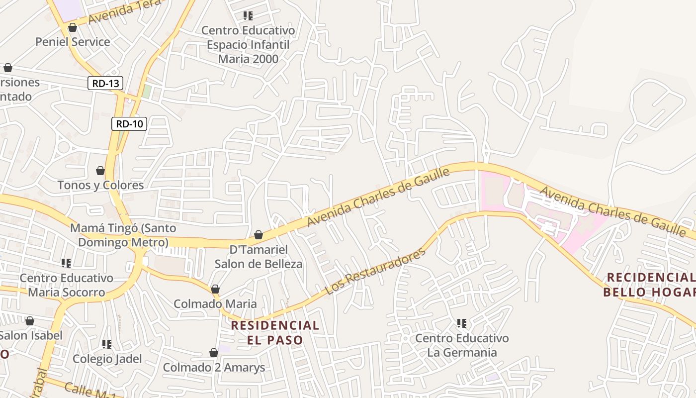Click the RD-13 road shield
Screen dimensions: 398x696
point(105,83)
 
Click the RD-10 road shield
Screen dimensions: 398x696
point(129,124)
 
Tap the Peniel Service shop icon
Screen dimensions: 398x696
point(73,27)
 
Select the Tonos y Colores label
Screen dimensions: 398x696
point(100,185)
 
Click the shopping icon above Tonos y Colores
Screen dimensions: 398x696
point(100,171)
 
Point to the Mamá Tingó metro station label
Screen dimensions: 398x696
point(123,235)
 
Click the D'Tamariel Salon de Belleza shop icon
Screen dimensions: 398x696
point(259,235)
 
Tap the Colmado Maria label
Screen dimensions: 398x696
point(215,303)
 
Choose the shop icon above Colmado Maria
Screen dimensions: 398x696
point(215,289)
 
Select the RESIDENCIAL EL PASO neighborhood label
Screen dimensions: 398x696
point(275,332)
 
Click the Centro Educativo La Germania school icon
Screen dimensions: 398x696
point(462,324)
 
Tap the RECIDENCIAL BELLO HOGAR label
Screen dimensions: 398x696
point(649,285)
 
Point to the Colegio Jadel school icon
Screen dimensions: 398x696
point(107,344)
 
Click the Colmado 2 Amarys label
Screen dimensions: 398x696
point(214,368)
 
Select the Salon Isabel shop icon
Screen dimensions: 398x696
point(30,321)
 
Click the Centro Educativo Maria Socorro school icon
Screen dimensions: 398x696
point(66,263)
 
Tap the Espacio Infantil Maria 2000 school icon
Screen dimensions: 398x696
point(248,16)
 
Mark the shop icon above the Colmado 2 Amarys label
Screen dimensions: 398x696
point(214,353)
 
